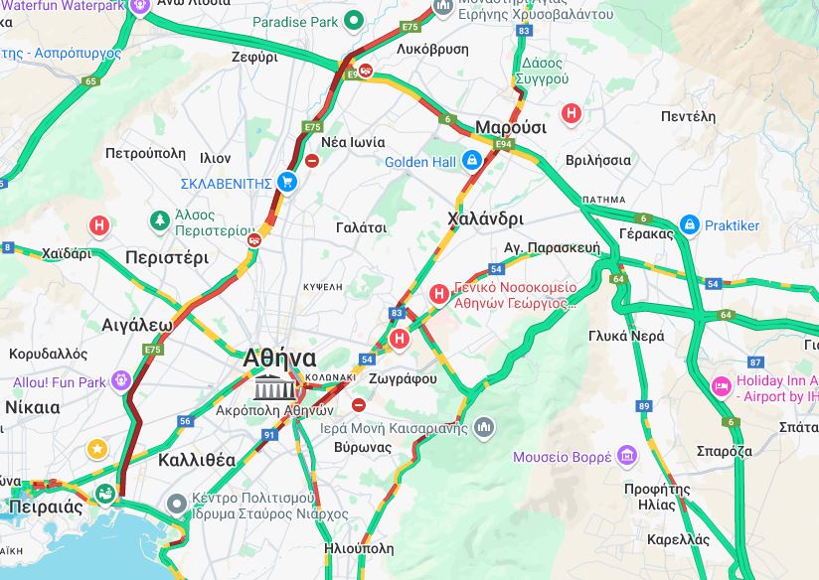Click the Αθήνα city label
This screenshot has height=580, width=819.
pos(280,359)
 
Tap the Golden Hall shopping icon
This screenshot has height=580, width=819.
pos(472,161)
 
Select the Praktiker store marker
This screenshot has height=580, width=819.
pos(689,225)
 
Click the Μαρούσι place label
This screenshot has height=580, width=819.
pos(511,127)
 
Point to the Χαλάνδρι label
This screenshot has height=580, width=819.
pos(486,218)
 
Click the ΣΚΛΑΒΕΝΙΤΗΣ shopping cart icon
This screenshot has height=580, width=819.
pos(287,182)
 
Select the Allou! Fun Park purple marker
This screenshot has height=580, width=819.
pos(121,380)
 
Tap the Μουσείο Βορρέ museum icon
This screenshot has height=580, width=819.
pos(626,456)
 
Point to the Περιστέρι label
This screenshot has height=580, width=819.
pos(167,257)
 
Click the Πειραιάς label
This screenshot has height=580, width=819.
pos(45,507)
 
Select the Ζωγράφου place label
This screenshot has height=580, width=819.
pos(403,378)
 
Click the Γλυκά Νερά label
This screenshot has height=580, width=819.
pos(626,336)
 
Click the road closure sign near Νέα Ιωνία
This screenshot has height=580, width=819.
pos(312,160)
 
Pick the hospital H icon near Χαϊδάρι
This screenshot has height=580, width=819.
pos(99,225)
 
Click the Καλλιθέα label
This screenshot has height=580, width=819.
pos(197,460)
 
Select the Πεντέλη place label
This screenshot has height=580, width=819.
pos(688,116)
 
